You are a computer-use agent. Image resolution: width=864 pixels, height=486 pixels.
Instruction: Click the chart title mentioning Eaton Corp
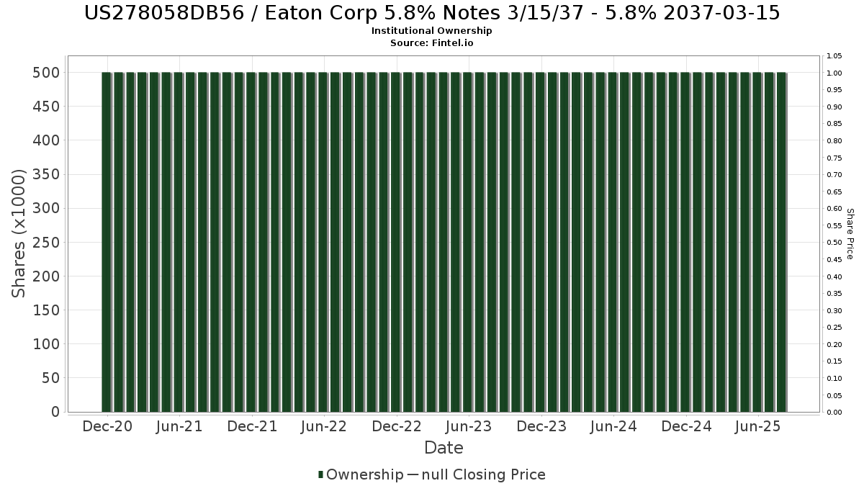432,13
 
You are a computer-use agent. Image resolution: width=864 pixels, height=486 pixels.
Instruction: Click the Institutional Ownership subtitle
432,31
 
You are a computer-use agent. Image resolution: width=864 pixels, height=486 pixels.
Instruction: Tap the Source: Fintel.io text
432,42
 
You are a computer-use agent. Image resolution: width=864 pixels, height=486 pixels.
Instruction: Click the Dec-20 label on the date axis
107,427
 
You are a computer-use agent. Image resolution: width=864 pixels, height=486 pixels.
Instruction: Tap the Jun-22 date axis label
324,427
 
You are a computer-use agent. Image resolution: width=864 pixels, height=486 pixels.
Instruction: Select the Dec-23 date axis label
541,427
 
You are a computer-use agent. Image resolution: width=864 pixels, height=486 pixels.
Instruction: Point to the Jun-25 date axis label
757,427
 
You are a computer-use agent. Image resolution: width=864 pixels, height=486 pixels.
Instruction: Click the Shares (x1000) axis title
19,233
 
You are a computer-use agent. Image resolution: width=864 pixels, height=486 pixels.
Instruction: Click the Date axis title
444,448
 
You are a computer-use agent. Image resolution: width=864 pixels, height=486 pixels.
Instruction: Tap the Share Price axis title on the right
850,233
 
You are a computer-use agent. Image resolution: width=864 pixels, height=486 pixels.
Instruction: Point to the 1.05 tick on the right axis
834,55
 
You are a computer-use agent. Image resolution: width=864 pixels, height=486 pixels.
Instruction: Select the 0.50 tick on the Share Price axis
834,243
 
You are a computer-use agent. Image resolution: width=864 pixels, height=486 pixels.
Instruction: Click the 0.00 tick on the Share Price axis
834,413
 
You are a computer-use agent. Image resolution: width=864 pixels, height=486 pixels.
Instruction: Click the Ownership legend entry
361,474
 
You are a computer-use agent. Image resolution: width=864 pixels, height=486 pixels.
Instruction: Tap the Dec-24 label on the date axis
686,427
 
